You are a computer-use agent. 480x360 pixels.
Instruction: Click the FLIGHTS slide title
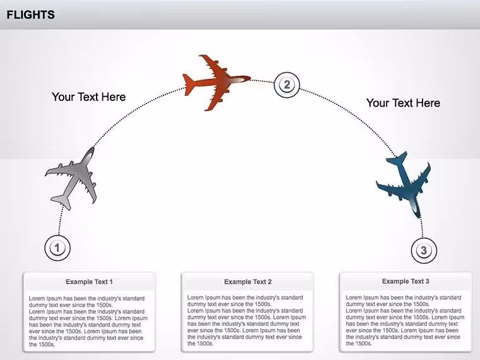point(30,15)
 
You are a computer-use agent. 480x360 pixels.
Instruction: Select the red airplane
point(217,82)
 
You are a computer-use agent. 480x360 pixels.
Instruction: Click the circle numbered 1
point(57,248)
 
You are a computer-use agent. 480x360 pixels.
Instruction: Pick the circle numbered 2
point(287,85)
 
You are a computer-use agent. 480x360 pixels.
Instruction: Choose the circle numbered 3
point(424,250)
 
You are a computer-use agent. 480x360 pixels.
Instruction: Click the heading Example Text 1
point(89,282)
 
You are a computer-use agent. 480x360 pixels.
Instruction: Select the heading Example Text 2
point(248,282)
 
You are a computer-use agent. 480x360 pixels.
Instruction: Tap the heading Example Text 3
point(405,281)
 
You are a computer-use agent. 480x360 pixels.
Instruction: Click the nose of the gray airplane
point(92,148)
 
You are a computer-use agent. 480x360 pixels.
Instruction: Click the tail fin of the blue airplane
point(397,160)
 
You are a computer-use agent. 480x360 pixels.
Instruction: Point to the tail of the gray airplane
point(63,202)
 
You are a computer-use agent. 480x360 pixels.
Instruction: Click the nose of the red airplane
point(249,79)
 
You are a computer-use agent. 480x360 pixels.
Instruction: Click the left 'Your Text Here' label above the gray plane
point(89,97)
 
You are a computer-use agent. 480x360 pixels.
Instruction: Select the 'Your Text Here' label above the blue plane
point(403,103)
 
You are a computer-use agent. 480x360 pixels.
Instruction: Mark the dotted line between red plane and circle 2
point(262,81)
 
